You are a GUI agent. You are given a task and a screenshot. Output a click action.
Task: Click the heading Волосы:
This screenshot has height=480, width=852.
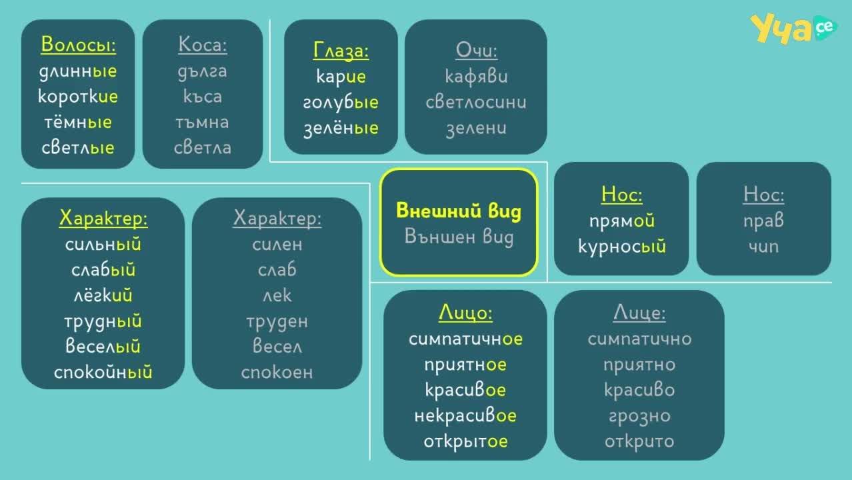point(79,45)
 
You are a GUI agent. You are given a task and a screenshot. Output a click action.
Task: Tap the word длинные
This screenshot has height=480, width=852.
point(78,71)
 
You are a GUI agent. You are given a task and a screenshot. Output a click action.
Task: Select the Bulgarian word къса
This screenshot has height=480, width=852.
point(203,96)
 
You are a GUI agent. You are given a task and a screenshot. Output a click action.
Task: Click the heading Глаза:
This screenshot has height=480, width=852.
point(341,50)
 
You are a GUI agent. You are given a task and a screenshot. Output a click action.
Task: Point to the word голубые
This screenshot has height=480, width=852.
point(341,102)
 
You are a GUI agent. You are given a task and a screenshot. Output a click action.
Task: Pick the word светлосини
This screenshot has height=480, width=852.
point(476,102)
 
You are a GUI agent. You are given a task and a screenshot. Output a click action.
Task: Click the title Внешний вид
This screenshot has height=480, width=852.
point(459,211)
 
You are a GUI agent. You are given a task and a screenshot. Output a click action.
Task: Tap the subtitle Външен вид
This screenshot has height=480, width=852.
point(459,237)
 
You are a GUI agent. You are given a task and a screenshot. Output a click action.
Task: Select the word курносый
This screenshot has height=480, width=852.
point(622,247)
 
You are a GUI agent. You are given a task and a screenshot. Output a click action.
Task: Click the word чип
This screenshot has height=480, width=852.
point(763,247)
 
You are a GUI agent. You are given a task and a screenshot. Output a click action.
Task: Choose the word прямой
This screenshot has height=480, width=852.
point(622,221)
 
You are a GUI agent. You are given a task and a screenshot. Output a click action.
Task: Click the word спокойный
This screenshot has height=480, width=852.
point(103,372)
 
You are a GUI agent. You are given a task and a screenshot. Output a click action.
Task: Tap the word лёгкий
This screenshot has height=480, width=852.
point(103,295)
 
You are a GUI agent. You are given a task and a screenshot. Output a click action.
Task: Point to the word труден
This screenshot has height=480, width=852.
point(277,322)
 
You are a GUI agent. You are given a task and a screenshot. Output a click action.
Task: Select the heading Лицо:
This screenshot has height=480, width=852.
point(465,313)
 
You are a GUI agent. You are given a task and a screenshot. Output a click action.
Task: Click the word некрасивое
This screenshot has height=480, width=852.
point(465,415)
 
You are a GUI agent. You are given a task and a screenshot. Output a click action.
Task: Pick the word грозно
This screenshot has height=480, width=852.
point(639,416)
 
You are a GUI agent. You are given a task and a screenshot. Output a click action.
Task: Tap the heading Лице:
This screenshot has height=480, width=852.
point(639,313)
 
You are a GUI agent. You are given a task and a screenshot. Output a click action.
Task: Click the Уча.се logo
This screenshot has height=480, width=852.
point(793,29)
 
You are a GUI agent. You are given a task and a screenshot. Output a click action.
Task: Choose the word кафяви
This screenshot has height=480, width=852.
point(476,77)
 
